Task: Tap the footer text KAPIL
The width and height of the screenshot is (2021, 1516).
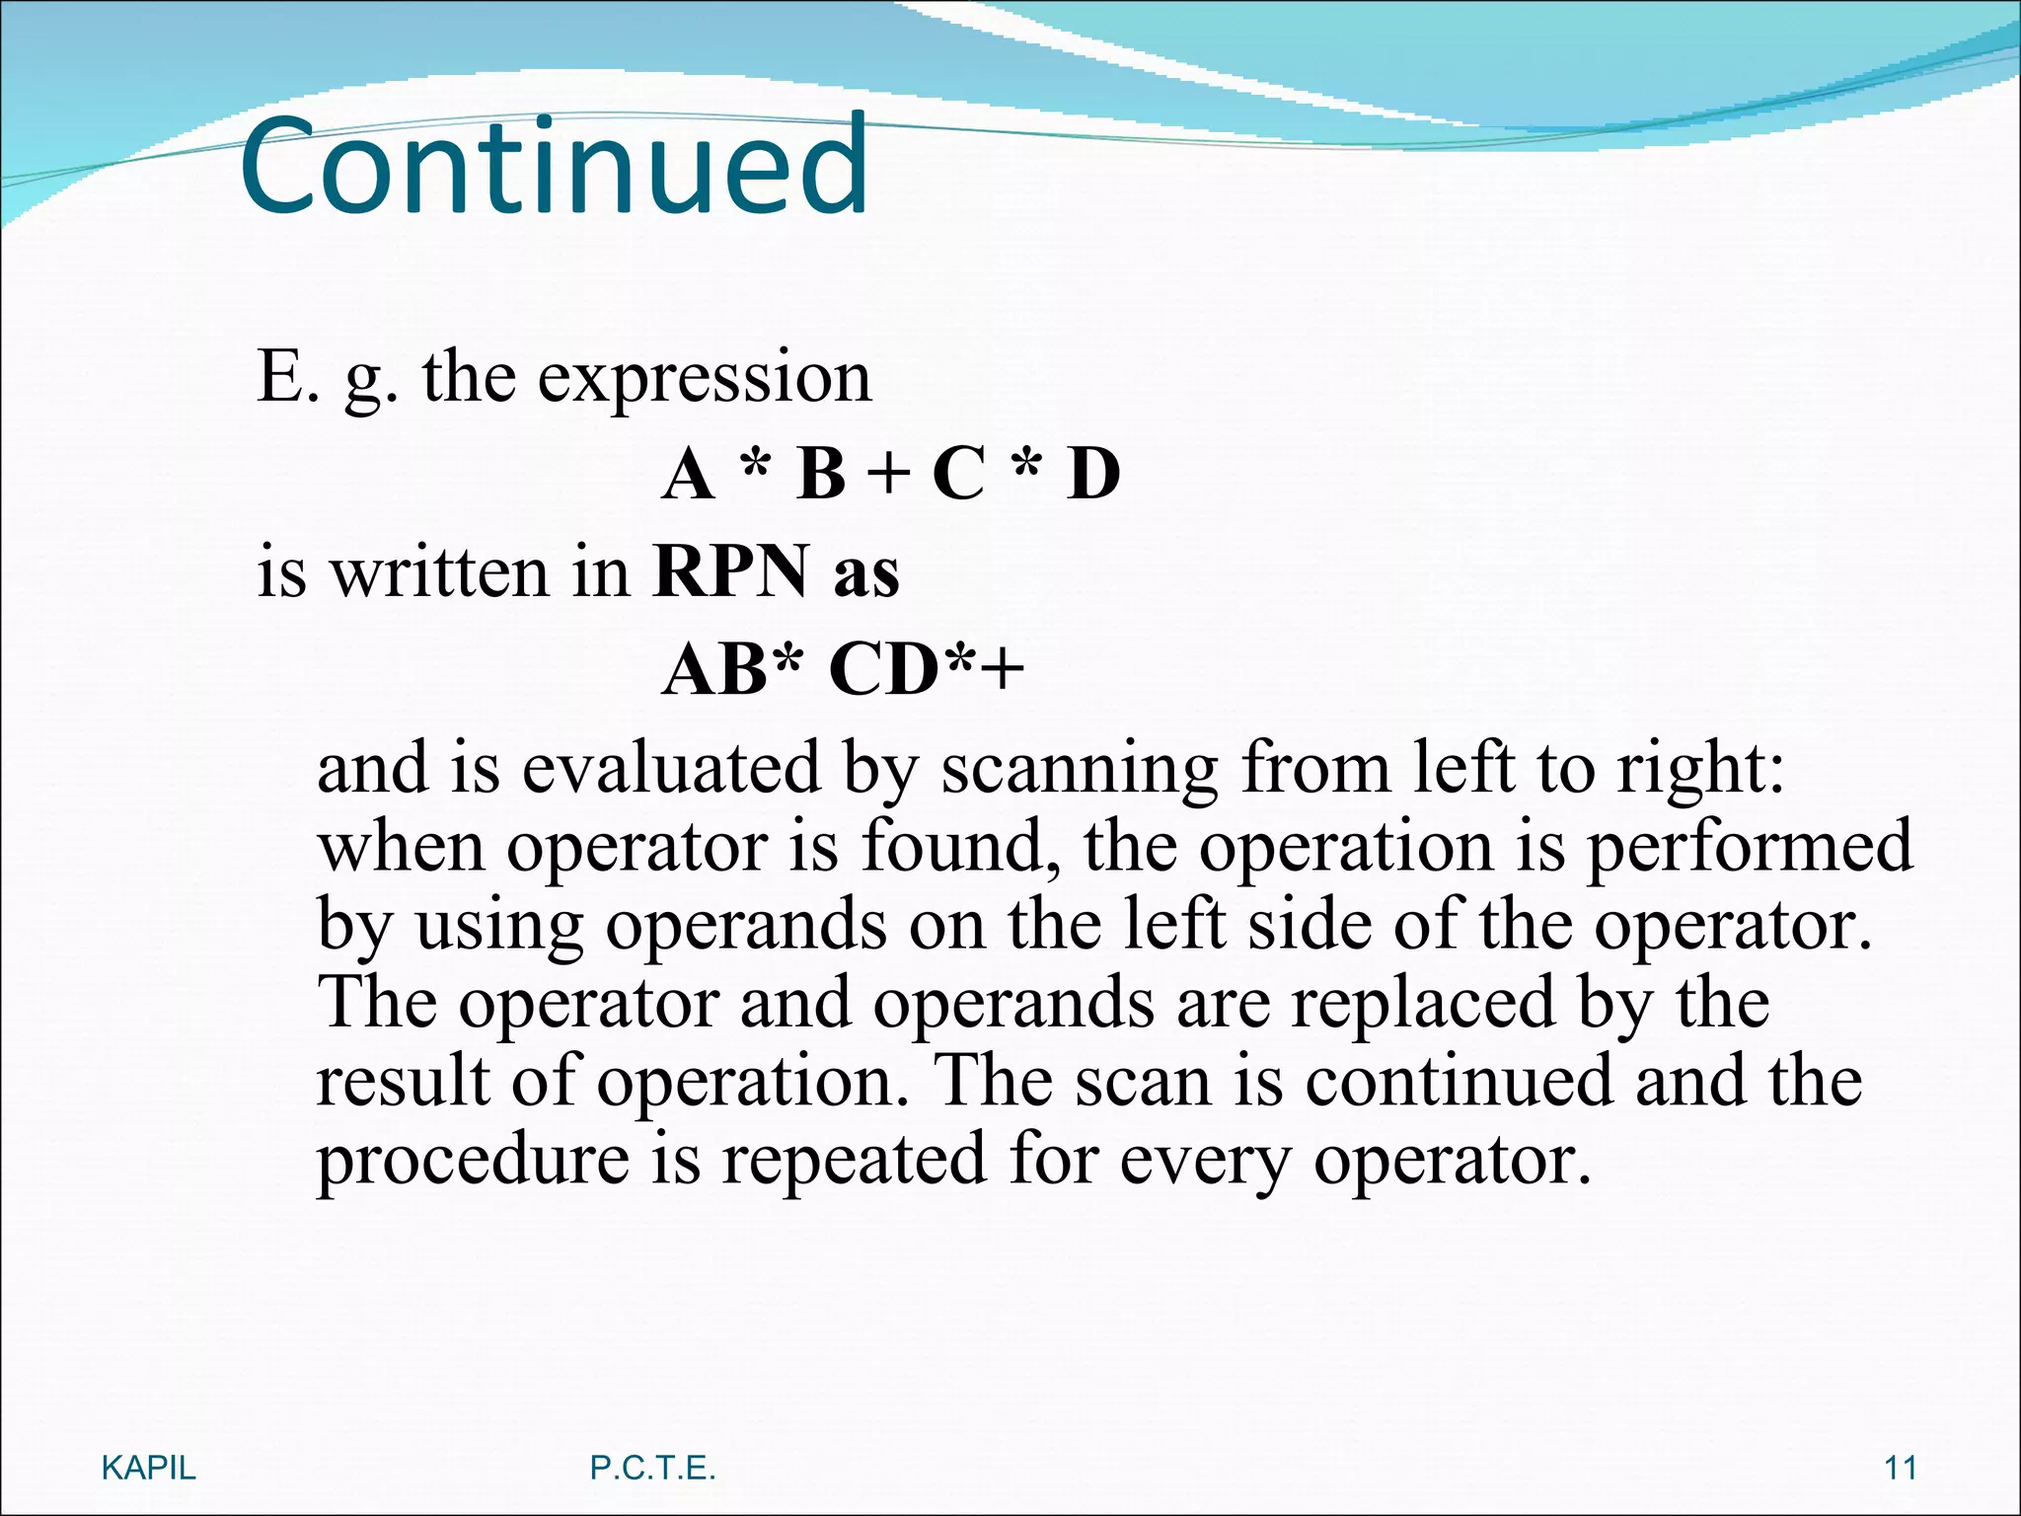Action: (x=149, y=1468)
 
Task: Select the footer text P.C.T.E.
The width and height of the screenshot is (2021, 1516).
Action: (x=652, y=1468)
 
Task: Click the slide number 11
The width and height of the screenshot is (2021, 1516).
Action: (x=1900, y=1468)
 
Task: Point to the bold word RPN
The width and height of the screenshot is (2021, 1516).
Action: (x=729, y=572)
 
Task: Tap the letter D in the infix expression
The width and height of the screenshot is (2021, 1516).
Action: (x=1092, y=475)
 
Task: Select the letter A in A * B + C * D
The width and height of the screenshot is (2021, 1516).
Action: (x=687, y=475)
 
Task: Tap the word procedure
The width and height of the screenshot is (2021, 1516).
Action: (x=473, y=1162)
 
